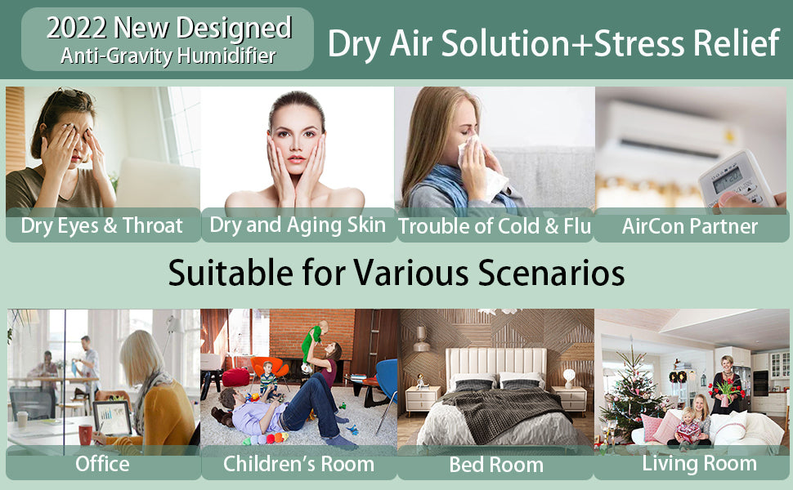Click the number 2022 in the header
tap(76, 29)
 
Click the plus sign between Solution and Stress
tap(580, 44)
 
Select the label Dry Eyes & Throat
tap(101, 225)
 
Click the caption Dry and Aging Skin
tap(298, 225)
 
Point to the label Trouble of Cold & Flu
tap(495, 226)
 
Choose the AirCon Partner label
tap(690, 226)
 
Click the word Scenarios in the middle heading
tap(552, 274)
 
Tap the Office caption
tap(102, 464)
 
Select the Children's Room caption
tap(298, 464)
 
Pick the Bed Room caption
tap(496, 465)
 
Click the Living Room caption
tap(700, 464)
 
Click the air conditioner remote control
tap(737, 180)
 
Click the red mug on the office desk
tap(85, 434)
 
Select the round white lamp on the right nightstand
tap(570, 376)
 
